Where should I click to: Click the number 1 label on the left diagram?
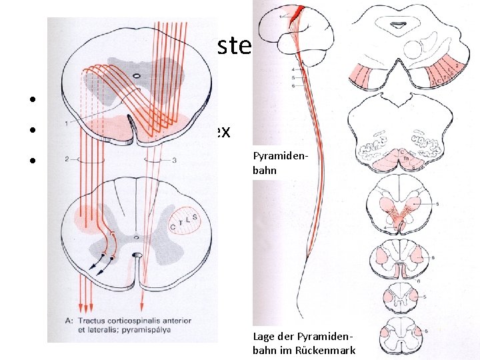(79, 123)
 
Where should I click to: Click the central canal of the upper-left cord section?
(137, 76)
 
